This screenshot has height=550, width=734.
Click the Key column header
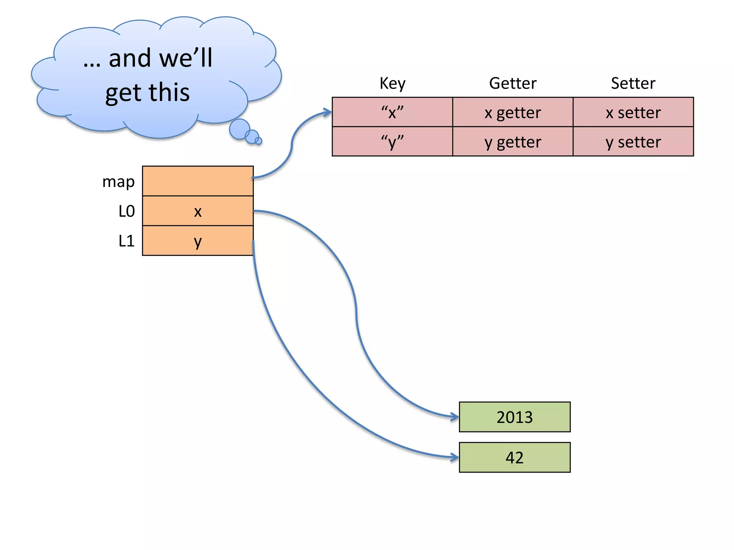pos(392,83)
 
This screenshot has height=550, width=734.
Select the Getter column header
pos(513,83)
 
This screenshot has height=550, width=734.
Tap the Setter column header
pos(633,83)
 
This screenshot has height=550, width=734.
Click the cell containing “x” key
pos(392,112)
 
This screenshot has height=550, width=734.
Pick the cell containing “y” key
pos(392,141)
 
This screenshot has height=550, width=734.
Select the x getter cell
pos(513,112)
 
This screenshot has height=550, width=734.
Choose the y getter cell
pos(513,141)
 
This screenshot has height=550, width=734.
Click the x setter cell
pos(633,112)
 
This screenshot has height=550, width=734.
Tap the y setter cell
pos(633,141)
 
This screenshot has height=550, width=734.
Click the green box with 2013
pos(514,417)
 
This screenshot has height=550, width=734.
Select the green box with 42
pos(514,457)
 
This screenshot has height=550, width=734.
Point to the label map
pos(118,182)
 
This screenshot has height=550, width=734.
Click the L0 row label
pos(127,211)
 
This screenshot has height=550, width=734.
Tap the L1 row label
pos(127,241)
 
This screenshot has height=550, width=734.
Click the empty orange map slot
pos(198,181)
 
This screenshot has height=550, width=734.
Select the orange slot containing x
pos(198,211)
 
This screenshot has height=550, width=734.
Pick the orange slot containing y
pos(198,241)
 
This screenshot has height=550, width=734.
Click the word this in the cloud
pos(169,92)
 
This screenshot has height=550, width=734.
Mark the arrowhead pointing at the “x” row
pos(328,112)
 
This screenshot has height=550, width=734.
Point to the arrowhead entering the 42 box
pos(455,457)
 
